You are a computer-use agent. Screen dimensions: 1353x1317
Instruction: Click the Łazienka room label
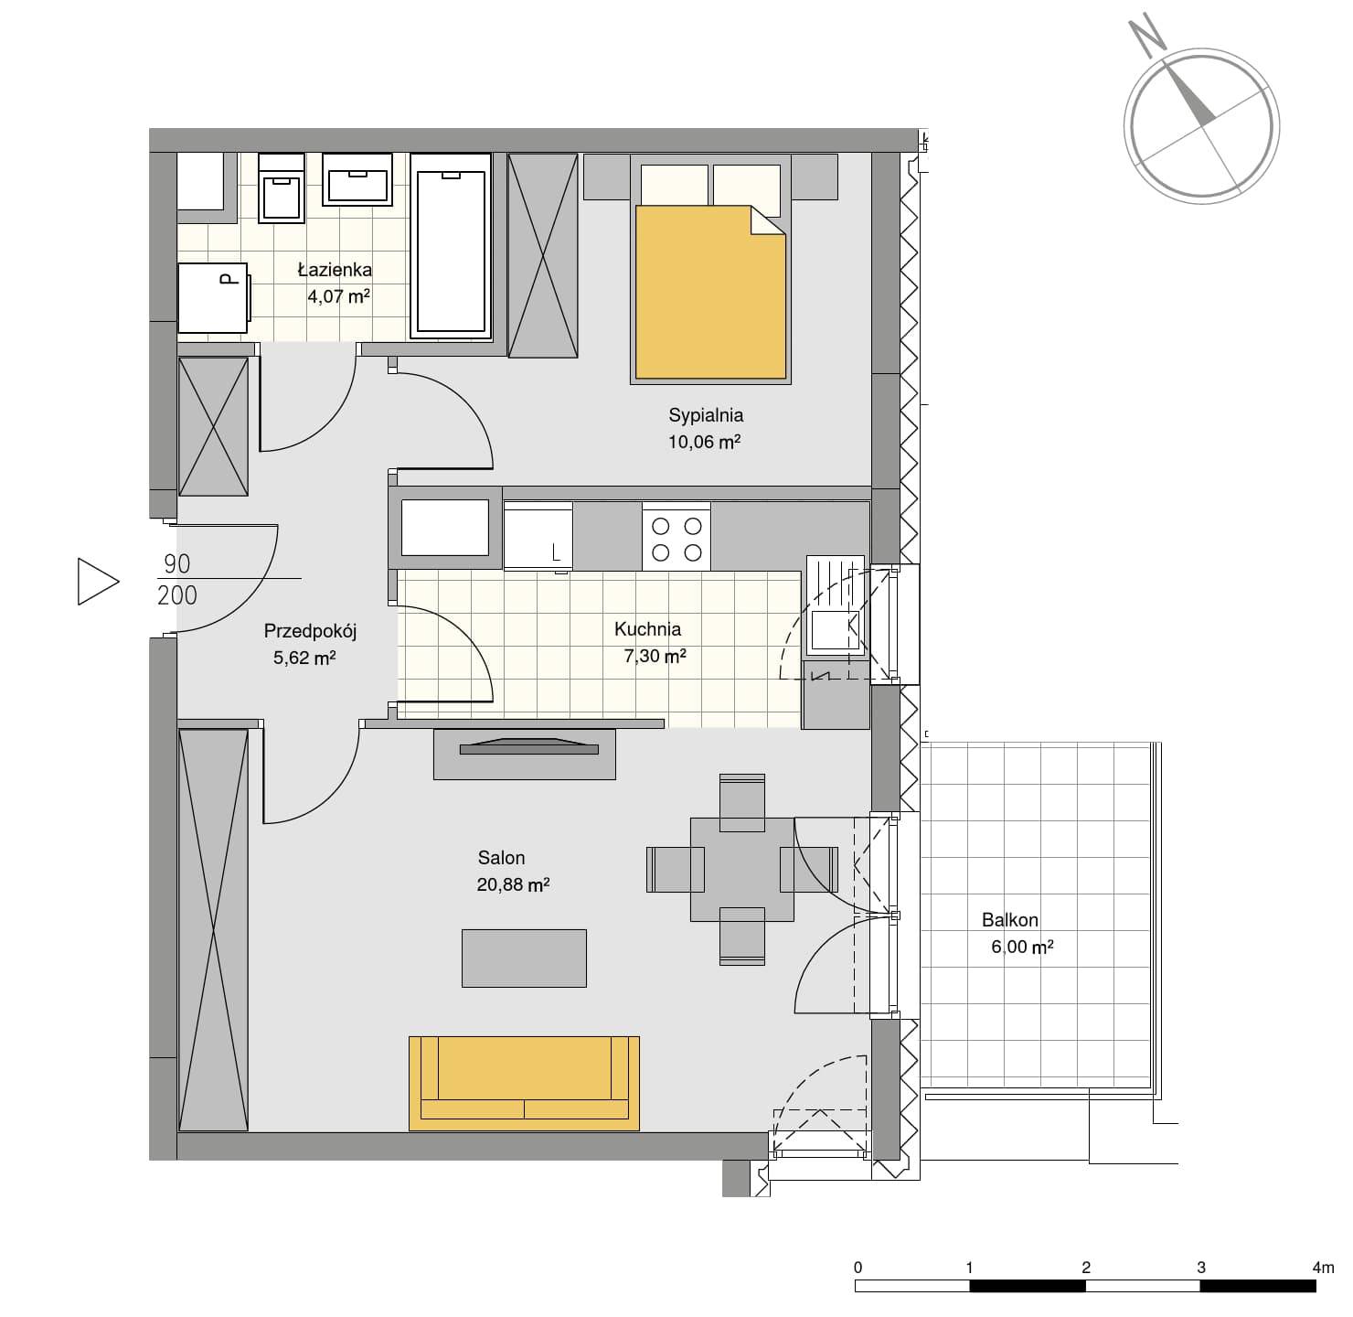335,269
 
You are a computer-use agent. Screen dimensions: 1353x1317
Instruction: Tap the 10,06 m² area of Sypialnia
704,442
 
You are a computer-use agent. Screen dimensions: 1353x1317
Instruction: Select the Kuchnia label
647,629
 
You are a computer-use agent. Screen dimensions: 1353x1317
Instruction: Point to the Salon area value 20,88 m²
513,884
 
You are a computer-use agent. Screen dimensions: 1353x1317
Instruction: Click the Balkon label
1009,920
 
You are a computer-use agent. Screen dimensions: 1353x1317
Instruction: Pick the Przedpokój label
310,632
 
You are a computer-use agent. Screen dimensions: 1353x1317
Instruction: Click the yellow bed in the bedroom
710,292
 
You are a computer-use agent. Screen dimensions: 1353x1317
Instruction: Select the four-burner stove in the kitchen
676,537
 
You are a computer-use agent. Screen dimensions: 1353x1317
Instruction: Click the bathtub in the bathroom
451,246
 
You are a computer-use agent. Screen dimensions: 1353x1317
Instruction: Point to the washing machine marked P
213,298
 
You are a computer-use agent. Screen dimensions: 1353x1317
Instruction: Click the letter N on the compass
1146,37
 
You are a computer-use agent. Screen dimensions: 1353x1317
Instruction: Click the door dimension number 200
177,595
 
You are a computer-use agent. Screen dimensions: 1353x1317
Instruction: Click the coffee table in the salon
524,958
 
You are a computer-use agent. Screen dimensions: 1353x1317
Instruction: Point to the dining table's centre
741,869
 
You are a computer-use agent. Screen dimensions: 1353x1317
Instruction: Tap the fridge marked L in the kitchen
538,536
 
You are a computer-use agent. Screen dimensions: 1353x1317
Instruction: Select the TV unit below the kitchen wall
524,754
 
